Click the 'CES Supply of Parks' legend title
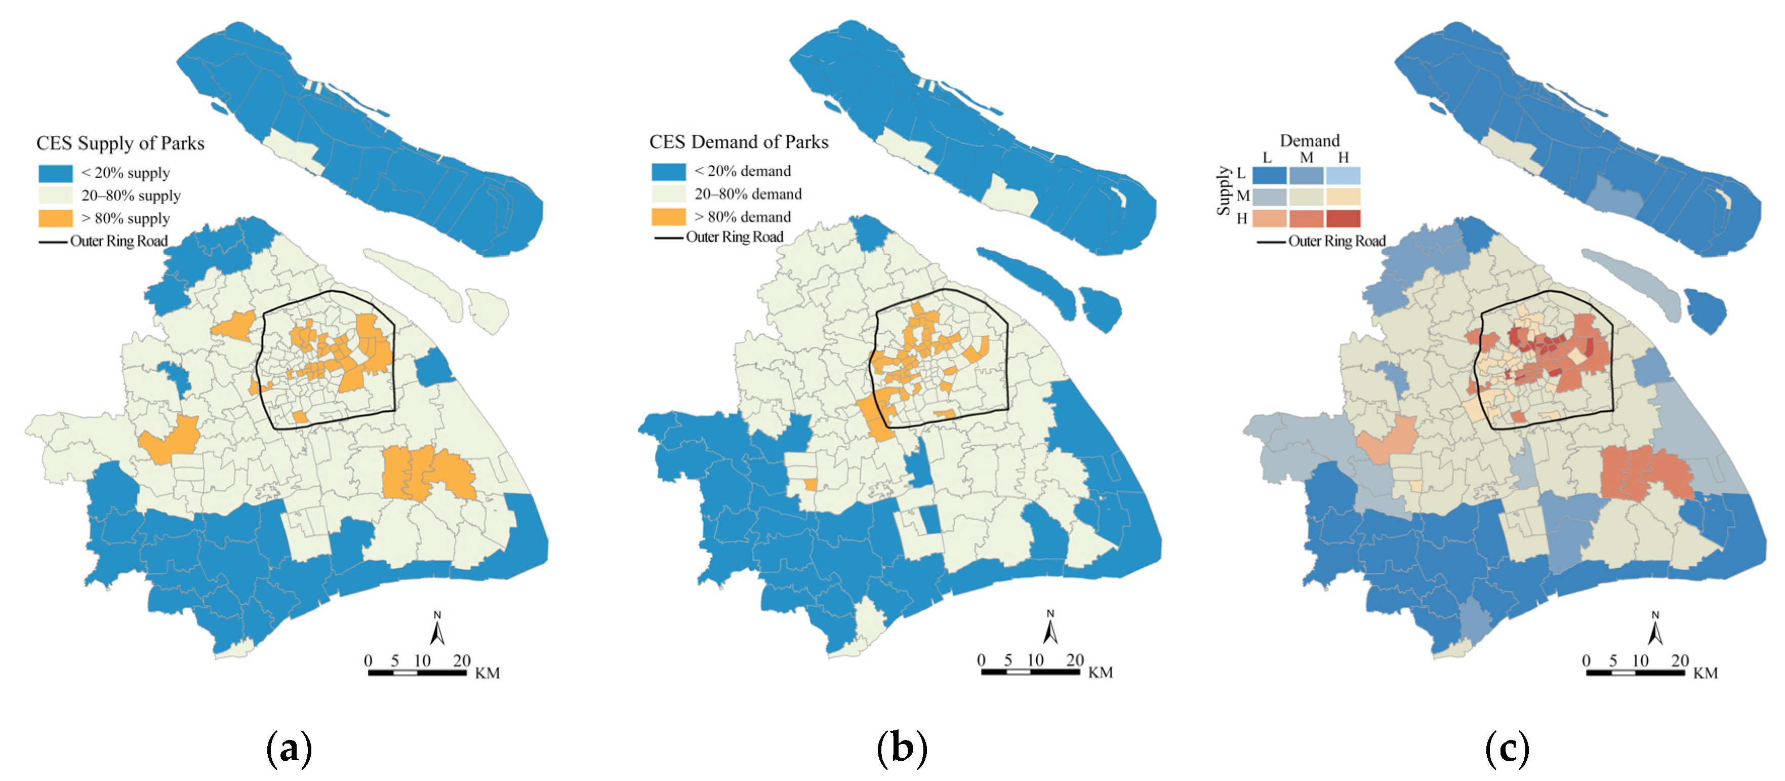tap(120, 143)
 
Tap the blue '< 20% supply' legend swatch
tap(56, 173)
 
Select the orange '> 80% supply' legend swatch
tap(56, 218)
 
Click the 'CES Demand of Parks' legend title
tap(738, 142)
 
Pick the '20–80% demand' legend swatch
tap(668, 194)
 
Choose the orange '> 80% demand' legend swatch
tap(668, 217)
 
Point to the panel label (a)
tap(289, 749)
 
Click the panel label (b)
tap(902, 749)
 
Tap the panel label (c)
tap(1507, 749)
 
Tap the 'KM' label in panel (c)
tap(1706, 674)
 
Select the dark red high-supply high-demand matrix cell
tap(1343, 219)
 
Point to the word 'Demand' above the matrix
tap(1309, 141)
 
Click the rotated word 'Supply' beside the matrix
tap(1223, 190)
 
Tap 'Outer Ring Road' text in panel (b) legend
tap(735, 237)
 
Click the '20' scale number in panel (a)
tap(462, 660)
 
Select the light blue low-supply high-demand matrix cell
tap(1343, 175)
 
